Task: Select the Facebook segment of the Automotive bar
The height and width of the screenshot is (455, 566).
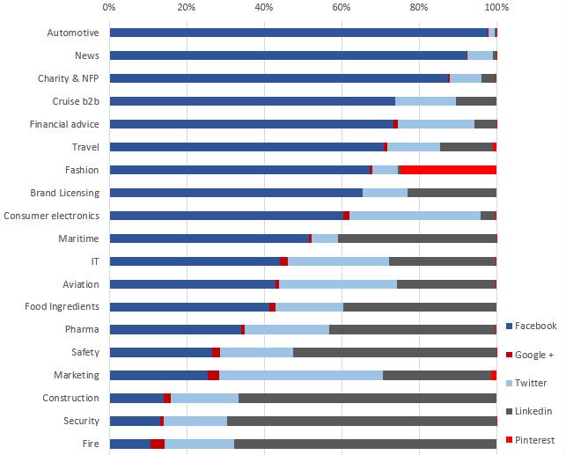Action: [x=298, y=33]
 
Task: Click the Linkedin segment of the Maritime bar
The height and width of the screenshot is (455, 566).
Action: [x=417, y=239]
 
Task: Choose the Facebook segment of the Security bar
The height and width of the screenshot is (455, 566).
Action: [x=135, y=421]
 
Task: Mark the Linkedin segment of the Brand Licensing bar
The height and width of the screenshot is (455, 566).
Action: [x=452, y=193]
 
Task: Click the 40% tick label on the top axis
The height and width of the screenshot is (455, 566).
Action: [x=264, y=8]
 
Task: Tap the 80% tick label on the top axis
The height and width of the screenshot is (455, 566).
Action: [x=419, y=8]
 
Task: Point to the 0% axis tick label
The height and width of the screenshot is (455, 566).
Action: [x=109, y=8]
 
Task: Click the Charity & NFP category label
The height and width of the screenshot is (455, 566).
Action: [x=68, y=78]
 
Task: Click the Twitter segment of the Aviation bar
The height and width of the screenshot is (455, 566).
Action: [x=338, y=284]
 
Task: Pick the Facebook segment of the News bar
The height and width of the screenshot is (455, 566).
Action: [x=288, y=55]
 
